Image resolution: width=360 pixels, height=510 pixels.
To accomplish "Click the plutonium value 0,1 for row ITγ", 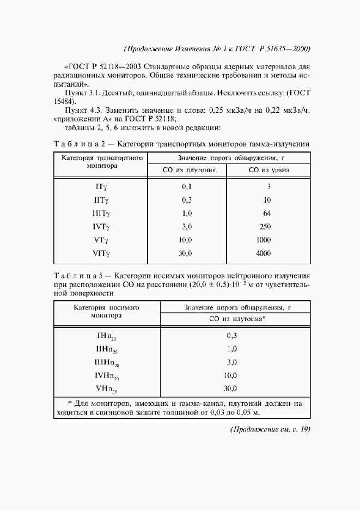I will point(187,187).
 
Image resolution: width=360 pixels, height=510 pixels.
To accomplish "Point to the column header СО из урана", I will point(269,170).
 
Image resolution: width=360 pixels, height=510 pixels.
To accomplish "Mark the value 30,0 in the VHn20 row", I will point(231,388).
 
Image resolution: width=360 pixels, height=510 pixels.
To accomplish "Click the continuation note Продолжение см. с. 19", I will point(270,430).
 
